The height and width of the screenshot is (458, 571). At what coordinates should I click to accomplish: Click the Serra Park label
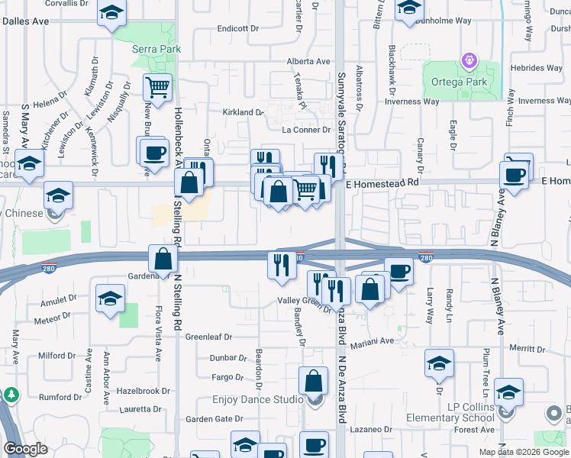[x=157, y=49]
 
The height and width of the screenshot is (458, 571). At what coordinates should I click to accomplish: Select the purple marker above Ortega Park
[x=469, y=59]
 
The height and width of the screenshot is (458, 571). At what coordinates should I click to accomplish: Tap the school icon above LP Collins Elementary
[x=508, y=392]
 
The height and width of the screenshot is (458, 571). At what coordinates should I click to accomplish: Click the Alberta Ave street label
[x=308, y=62]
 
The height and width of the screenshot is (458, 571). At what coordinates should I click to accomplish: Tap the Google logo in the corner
[x=25, y=449]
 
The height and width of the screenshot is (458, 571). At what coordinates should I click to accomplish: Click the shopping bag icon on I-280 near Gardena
[x=163, y=258]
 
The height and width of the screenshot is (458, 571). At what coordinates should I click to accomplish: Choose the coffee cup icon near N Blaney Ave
[x=516, y=175]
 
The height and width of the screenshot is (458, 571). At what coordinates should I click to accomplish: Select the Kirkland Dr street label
[x=242, y=112]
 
